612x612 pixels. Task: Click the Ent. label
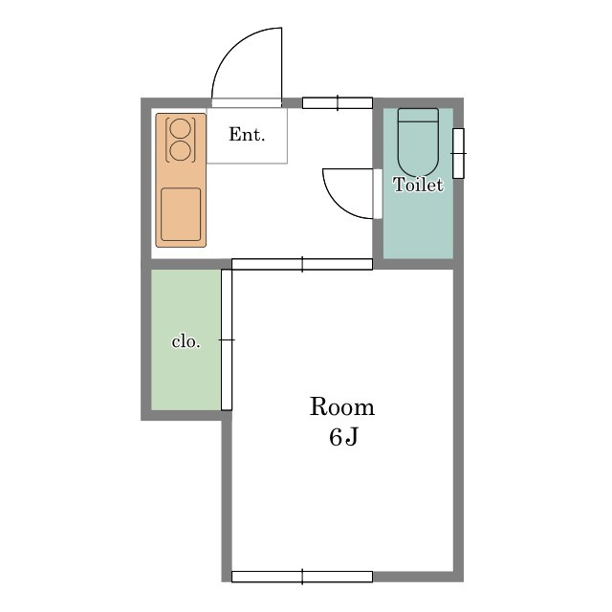tap(247, 135)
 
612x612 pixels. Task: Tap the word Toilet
tap(419, 185)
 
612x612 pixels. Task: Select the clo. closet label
tap(186, 342)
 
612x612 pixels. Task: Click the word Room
tap(342, 406)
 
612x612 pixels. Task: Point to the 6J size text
tap(343, 437)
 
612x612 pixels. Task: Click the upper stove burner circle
tap(181, 128)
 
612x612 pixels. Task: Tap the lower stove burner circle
tap(181, 151)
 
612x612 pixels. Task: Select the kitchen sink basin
tap(181, 214)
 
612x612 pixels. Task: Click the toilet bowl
tap(418, 148)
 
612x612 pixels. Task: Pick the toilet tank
tap(418, 115)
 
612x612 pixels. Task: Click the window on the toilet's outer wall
tap(459, 153)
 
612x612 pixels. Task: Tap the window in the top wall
tap(338, 103)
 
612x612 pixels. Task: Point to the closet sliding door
tap(227, 340)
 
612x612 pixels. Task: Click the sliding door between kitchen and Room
tap(302, 264)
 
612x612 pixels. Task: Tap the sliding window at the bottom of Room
tap(302, 577)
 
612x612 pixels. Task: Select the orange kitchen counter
tap(181, 181)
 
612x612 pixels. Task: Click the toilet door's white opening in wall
tap(378, 194)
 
